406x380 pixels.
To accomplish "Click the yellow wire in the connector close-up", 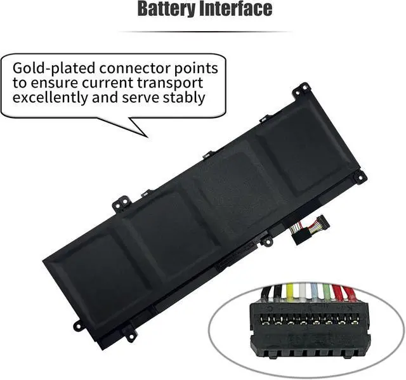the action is pos(290,292).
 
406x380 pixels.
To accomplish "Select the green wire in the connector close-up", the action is pos(325,292).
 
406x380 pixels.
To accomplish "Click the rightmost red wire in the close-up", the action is pos(347,293).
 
